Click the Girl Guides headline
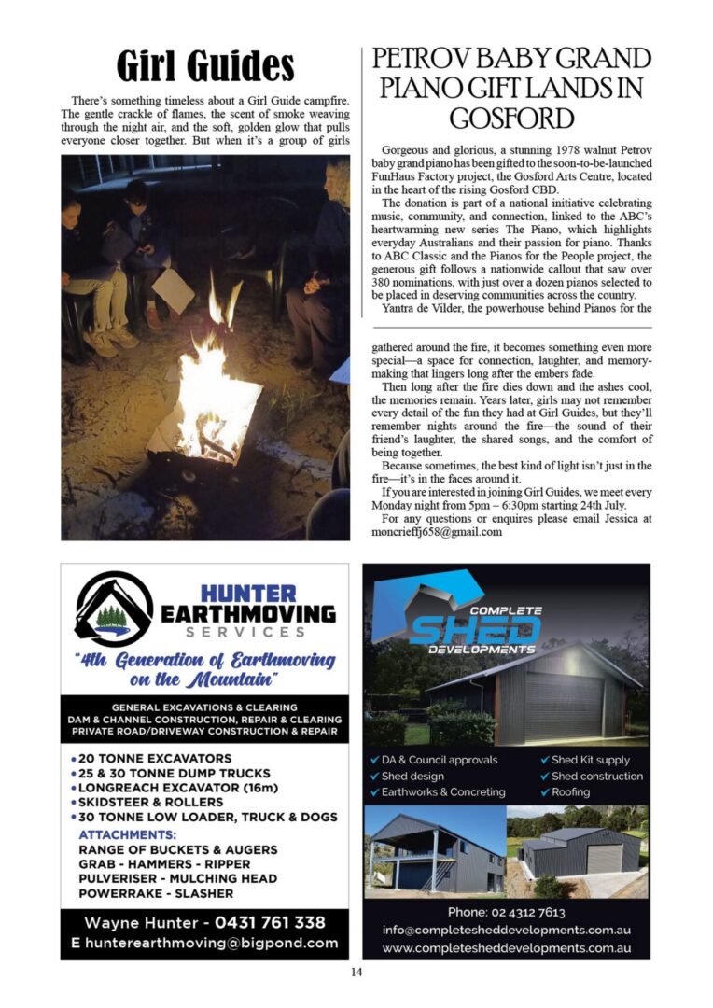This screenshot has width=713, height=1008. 204,66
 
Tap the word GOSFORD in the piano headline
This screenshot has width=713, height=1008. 510,119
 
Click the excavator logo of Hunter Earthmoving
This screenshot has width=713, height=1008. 113,609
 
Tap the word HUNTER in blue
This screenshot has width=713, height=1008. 248,594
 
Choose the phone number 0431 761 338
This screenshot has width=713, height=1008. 270,922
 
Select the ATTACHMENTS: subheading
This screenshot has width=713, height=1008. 128,834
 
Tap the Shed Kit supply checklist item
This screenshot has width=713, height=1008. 590,760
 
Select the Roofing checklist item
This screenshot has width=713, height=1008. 570,791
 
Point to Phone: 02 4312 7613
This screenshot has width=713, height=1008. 506,912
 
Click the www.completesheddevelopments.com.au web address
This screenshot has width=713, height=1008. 506,948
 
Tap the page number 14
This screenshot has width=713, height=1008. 356,972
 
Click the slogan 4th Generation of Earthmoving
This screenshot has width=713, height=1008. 204,660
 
